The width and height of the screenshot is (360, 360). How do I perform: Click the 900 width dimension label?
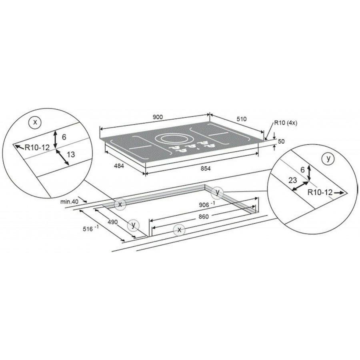158,117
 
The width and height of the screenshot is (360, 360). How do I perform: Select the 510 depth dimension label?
242,119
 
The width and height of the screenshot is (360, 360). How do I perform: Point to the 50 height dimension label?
281,142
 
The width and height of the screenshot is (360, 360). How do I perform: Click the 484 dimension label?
119,166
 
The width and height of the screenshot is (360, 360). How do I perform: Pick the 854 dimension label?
206,169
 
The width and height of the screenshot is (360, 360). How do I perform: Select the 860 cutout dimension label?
204,216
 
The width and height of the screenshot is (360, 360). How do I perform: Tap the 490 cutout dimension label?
113,222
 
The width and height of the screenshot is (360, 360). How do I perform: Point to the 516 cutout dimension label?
90,228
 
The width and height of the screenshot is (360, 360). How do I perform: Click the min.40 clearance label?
69,202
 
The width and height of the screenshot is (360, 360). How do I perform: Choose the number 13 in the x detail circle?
71,154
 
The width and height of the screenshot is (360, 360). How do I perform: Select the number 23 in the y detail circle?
292,180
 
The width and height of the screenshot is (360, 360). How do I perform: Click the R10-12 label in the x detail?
37,147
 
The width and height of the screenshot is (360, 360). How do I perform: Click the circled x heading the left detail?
35,122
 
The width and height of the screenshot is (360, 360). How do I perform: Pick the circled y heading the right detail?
328,158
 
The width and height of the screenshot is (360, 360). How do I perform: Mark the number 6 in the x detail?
64,137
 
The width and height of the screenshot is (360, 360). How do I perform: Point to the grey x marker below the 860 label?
179,230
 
